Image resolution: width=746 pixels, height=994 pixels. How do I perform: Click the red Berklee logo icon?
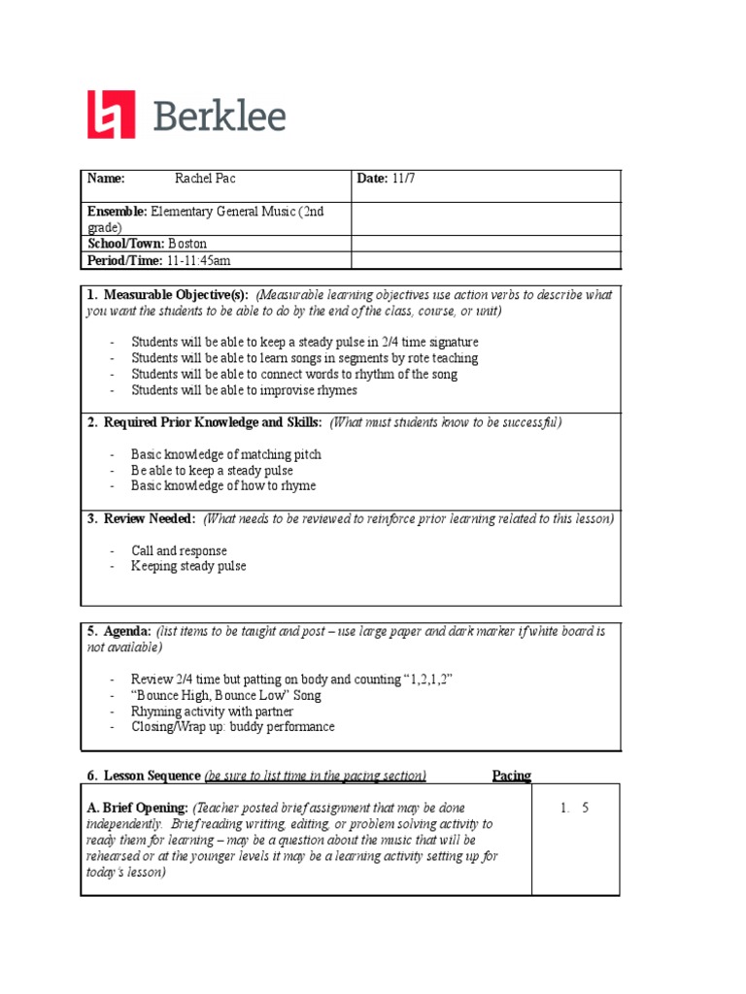point(111,115)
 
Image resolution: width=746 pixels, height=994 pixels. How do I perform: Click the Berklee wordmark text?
point(220,116)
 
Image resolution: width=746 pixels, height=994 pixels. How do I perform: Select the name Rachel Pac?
point(205,179)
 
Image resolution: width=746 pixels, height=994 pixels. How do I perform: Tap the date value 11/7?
point(402,179)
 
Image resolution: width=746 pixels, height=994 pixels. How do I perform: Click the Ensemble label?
point(117,211)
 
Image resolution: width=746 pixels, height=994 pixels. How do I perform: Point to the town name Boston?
point(186,244)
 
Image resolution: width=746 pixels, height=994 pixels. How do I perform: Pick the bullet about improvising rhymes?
point(244,390)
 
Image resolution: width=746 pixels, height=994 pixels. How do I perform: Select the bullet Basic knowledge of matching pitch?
point(225,454)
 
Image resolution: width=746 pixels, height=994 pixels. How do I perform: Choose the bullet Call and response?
point(179,550)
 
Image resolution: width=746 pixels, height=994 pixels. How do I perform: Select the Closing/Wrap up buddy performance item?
point(232,727)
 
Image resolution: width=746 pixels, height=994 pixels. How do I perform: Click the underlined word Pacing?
point(511,775)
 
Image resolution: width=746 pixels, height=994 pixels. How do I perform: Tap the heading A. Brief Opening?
point(137,808)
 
